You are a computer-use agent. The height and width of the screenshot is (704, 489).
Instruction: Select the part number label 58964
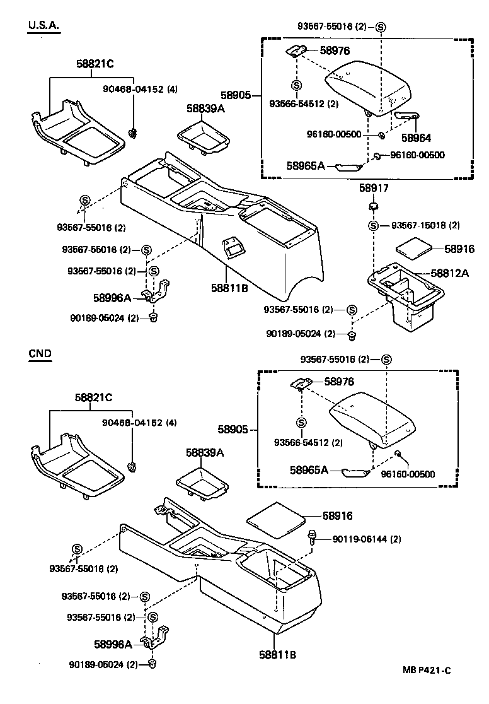pyautogui.click(x=417, y=137)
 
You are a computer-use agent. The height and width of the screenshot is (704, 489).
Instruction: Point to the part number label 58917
pyautogui.click(x=374, y=188)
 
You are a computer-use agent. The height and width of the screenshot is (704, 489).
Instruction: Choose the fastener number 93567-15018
pyautogui.click(x=418, y=225)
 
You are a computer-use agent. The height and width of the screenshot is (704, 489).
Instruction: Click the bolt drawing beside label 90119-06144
pyautogui.click(x=312, y=538)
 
